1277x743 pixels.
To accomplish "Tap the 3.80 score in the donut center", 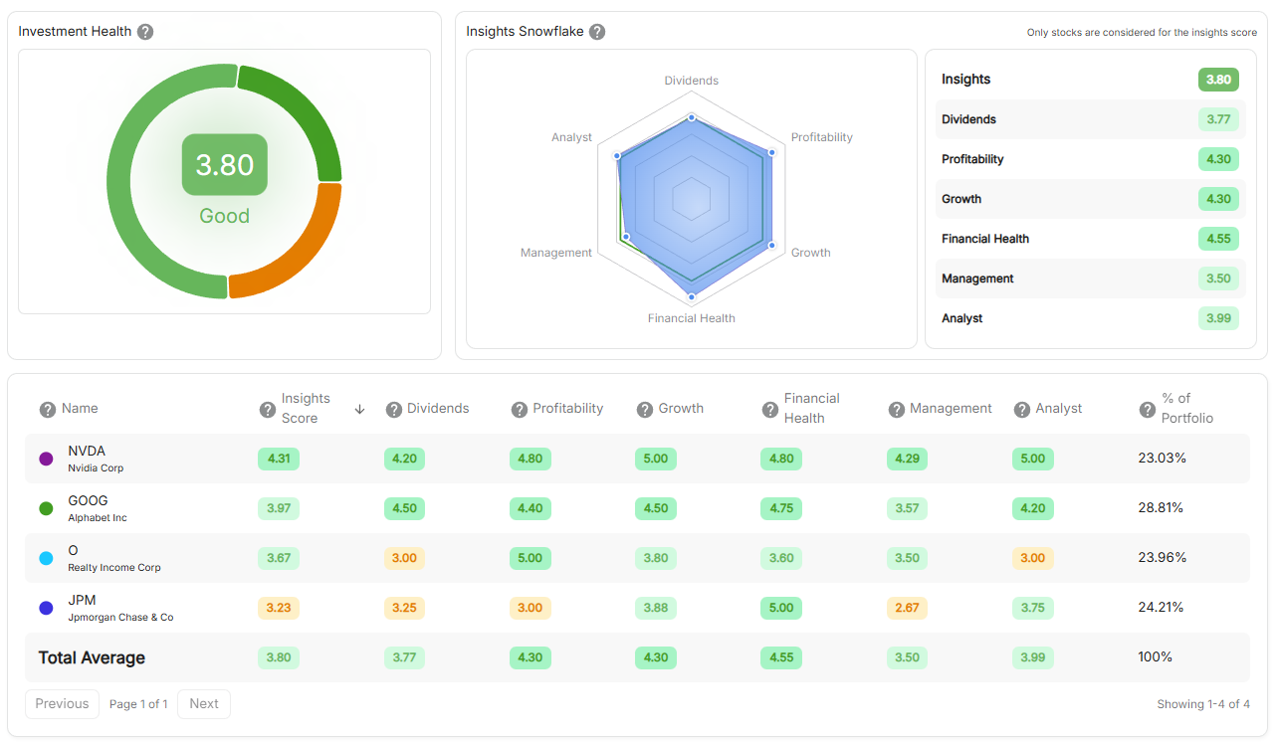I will pyautogui.click(x=224, y=164).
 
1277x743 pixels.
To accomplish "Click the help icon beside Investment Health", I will pyautogui.click(x=145, y=32).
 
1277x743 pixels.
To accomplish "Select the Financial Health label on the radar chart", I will pyautogui.click(x=691, y=318).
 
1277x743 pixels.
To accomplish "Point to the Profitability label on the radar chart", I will pyautogui.click(x=821, y=137).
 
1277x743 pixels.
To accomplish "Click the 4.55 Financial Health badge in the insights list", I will pyautogui.click(x=1218, y=239).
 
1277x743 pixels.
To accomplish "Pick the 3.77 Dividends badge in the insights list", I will pyautogui.click(x=1218, y=119).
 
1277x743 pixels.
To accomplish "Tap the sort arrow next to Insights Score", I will pyautogui.click(x=360, y=409).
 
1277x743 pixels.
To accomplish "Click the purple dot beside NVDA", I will pyautogui.click(x=46, y=459).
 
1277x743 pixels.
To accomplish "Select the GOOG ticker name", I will pyautogui.click(x=88, y=500).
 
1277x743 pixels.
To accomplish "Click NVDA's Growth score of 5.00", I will pyautogui.click(x=655, y=459).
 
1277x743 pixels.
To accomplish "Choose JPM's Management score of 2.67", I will pyautogui.click(x=907, y=608).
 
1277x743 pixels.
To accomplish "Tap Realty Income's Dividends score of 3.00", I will pyautogui.click(x=404, y=558).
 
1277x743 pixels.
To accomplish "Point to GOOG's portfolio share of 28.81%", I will pyautogui.click(x=1161, y=507).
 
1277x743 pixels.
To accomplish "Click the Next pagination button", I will pyautogui.click(x=204, y=703).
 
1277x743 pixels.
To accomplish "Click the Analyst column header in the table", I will pyautogui.click(x=1058, y=409).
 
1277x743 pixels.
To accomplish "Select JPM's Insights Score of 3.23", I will pyautogui.click(x=279, y=608).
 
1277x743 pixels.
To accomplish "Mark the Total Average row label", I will pyautogui.click(x=92, y=657).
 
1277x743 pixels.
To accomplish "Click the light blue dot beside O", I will pyautogui.click(x=46, y=558).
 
